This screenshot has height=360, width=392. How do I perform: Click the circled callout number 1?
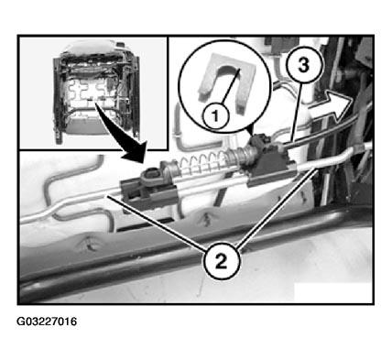(215, 116)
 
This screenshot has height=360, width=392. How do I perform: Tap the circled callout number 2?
(222, 261)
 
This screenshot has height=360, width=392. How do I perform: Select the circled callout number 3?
(303, 65)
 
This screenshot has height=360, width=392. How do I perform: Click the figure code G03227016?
(47, 322)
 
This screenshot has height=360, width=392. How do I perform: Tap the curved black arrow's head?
(136, 152)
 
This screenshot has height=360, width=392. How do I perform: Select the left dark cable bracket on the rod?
(148, 190)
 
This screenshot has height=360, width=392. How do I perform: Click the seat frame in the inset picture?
(96, 92)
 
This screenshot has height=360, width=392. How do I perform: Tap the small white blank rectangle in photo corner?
(333, 292)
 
